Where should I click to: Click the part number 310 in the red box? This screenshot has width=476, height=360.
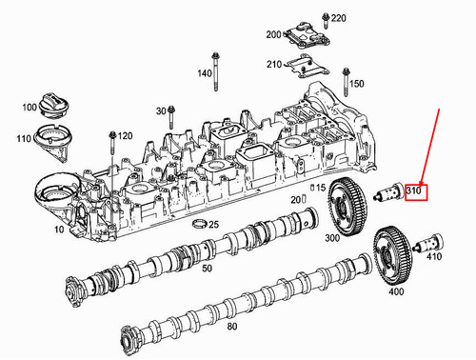(413, 191)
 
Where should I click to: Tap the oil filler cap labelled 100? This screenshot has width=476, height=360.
(52, 106)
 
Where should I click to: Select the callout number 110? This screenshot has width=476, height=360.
(24, 139)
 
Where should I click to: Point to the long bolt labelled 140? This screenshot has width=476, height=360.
(215, 71)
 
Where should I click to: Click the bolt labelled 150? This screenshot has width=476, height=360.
(346, 82)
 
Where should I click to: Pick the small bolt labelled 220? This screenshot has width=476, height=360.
(326, 21)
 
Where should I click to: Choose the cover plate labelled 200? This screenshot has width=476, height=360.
(307, 35)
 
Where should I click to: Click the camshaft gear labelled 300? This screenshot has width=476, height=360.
(347, 207)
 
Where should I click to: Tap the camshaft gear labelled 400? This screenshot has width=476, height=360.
(393, 254)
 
